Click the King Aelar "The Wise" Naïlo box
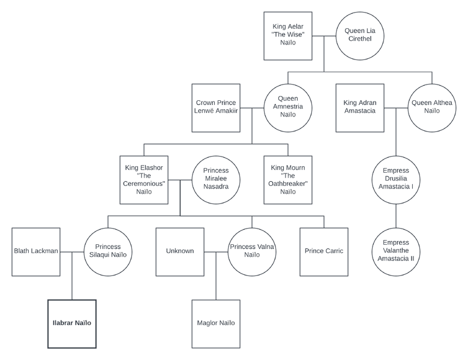[288, 36]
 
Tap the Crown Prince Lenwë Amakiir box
[216, 108]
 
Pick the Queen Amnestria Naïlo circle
[288, 108]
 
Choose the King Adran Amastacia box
[360, 108]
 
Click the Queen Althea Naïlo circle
[432, 108]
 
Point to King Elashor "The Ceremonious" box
[144, 179]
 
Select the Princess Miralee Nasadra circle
[216, 179]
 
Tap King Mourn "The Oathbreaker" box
[288, 179]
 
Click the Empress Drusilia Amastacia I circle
[396, 179]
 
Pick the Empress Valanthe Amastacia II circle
[396, 251]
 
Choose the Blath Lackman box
[36, 251]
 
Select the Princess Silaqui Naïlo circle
[108, 251]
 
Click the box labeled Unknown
[180, 251]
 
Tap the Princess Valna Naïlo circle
[252, 251]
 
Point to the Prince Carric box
[324, 251]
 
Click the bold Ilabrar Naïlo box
[72, 323]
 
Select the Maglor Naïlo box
[216, 323]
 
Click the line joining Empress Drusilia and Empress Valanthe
[396, 215]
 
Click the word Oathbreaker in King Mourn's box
[288, 184]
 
